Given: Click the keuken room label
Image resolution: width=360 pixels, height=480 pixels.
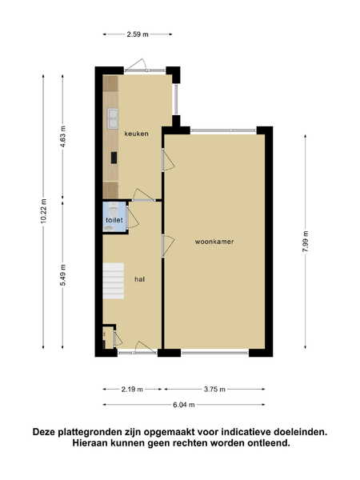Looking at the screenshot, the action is tap(137, 134).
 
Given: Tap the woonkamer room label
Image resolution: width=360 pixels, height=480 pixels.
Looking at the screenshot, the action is tap(214, 242).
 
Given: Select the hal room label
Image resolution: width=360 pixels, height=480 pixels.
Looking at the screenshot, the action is tap(139, 279).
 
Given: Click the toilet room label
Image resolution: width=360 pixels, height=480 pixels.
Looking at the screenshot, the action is tap(114, 220).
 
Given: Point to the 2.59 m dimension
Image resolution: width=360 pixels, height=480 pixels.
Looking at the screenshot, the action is tap(138, 34).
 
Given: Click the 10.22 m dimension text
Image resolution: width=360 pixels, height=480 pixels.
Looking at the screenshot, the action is tap(44, 211).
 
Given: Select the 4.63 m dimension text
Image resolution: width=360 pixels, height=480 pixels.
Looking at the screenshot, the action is tap(63, 137).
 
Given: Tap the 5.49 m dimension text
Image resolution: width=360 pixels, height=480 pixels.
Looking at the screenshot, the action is tap(63, 275).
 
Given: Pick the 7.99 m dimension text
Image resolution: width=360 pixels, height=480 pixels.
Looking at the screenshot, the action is tap(306, 242).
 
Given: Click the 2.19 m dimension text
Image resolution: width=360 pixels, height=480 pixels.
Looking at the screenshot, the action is tap(132, 390).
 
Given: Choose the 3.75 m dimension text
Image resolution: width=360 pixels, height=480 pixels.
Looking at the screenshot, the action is tap(214, 390).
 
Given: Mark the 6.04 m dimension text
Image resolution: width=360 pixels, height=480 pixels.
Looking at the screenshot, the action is tap(184, 405).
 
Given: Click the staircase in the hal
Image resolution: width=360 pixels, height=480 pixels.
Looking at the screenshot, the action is tap(114, 281).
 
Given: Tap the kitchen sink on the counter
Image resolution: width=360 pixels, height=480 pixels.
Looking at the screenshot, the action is tap(113, 118).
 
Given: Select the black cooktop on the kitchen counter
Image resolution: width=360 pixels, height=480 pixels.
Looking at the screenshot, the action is tap(114, 158).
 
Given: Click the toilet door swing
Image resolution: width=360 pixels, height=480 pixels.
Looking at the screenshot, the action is tap(133, 217).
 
